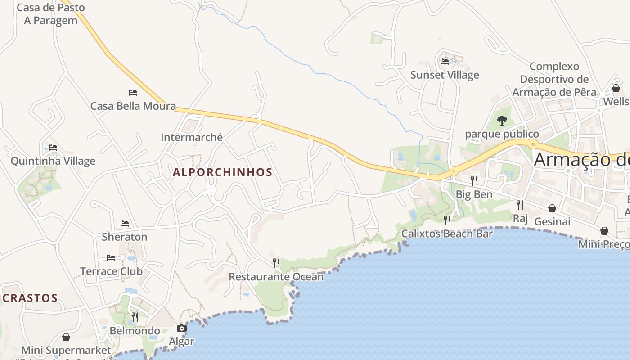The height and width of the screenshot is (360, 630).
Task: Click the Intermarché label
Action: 192,137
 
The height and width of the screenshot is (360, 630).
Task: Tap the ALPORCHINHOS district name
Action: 223,172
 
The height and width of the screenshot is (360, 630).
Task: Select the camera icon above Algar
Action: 182,328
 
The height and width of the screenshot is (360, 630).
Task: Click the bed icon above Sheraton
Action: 125,224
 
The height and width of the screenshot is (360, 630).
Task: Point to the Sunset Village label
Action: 445,75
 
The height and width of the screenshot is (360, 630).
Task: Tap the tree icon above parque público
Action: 502,121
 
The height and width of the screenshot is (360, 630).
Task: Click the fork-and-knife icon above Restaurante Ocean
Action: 276,263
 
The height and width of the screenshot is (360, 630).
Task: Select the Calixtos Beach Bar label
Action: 446,234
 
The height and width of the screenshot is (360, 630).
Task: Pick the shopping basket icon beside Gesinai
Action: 552,208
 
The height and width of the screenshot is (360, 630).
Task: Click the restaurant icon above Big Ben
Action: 474,181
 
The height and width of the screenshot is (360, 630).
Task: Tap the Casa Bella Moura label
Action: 133,106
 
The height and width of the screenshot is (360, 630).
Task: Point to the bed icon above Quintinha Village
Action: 53,148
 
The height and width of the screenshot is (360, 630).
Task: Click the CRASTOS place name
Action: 30,298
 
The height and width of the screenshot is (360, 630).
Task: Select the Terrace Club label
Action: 111,271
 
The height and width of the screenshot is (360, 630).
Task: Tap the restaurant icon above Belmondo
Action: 135,317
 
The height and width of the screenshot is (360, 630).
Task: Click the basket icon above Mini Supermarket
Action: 66,337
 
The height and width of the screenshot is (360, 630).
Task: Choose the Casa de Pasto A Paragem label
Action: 50,14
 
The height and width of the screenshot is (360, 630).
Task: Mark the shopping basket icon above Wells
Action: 616,88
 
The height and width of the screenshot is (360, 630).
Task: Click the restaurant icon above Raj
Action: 520,205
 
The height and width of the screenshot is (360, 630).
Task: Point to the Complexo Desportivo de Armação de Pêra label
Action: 554,79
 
